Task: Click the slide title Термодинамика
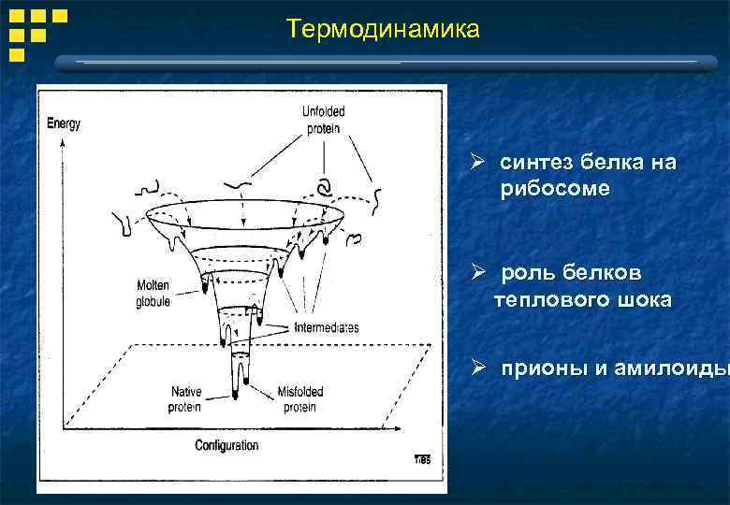[383, 30]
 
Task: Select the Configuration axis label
[226, 445]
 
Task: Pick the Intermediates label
[327, 328]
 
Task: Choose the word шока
[641, 300]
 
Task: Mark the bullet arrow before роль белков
[477, 273]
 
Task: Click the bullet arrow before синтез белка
[477, 162]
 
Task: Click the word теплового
[547, 300]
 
